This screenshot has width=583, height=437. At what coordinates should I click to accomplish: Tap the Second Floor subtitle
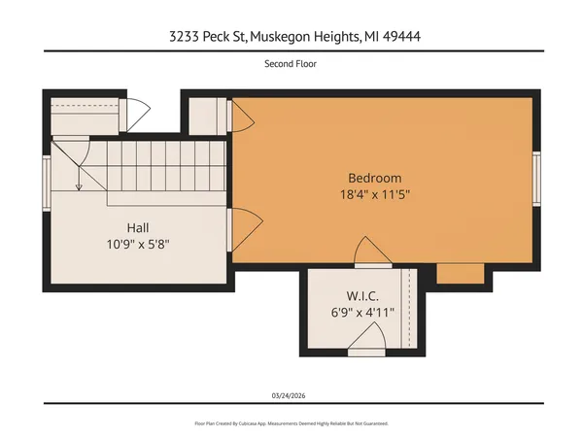[291, 64]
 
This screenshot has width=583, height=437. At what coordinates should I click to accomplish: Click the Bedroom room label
[374, 178]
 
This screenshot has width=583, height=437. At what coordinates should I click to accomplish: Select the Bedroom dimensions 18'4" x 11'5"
[374, 194]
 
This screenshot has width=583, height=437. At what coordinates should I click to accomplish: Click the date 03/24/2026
[291, 395]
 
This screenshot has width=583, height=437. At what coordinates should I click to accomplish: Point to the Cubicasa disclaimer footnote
[291, 423]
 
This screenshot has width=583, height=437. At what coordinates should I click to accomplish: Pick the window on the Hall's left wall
[46, 171]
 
